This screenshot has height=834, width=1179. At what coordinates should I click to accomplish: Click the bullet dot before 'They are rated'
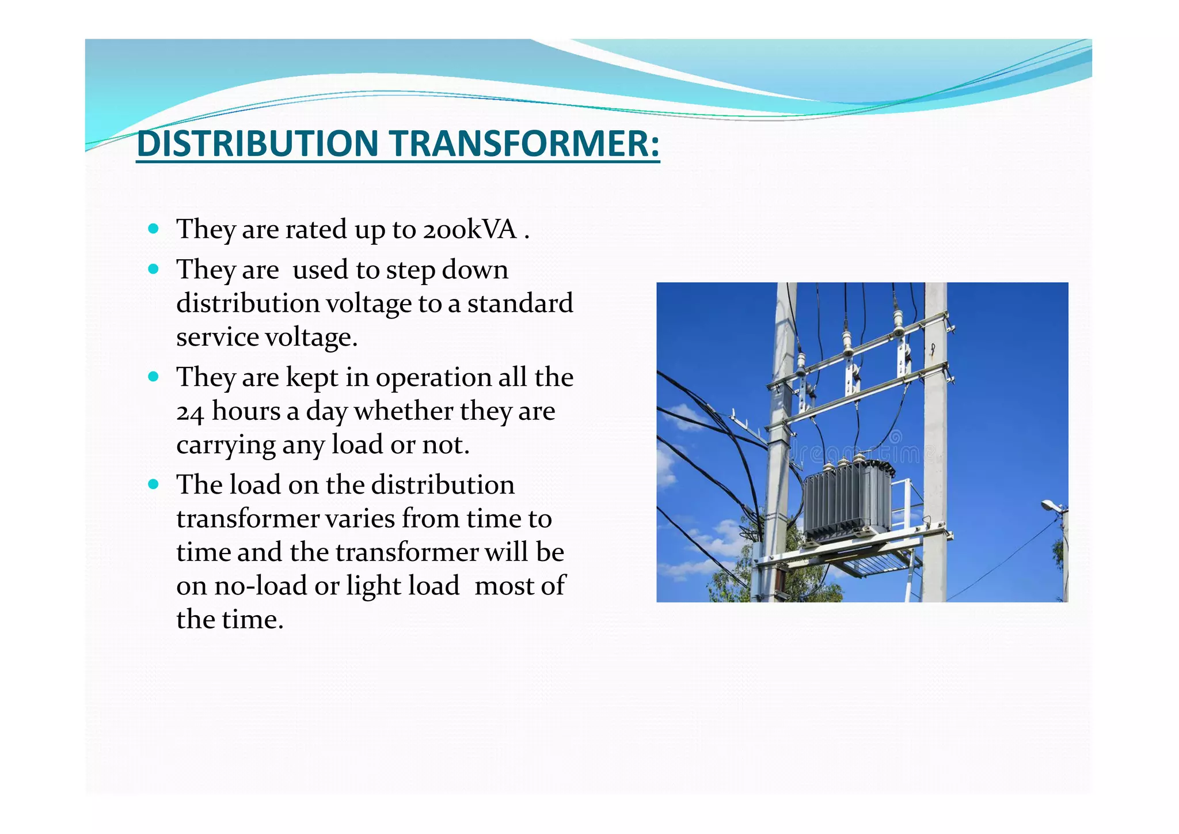click(153, 229)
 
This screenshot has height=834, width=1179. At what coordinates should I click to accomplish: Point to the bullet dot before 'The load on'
click(153, 484)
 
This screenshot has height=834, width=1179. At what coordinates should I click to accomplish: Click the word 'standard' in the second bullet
click(520, 304)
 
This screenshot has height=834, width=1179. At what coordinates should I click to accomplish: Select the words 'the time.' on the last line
click(230, 620)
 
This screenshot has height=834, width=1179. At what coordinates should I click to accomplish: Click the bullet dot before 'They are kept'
click(153, 377)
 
